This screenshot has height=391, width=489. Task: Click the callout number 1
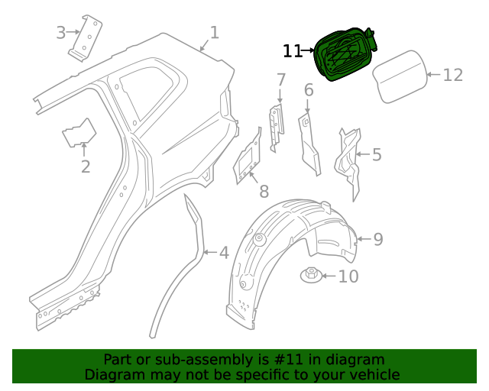coord(215,33)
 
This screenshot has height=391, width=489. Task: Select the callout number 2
coord(86,166)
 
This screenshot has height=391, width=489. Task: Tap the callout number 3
coord(61,32)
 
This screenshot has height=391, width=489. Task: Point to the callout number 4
coord(223,253)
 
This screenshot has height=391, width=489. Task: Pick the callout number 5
coord(376,155)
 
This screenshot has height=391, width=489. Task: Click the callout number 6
coord(309,91)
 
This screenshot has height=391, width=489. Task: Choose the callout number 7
coord(280,79)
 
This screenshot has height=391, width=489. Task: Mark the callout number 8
coord(264,190)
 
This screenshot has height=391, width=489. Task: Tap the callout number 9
coord(377,240)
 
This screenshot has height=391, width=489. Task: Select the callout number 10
coord(348,276)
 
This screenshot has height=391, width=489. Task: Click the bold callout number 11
coord(293,51)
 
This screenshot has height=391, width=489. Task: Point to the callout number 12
coord(452,75)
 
